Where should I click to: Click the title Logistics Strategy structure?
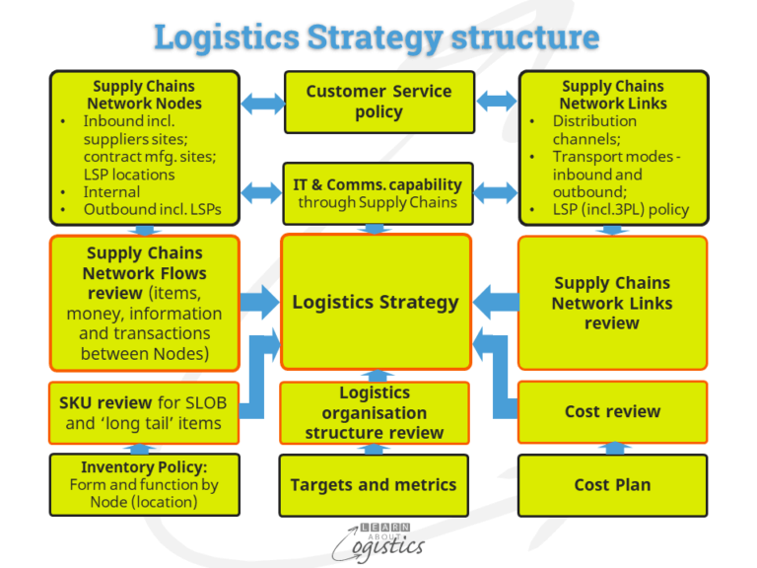tap(377, 37)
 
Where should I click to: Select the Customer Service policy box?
tap(378, 102)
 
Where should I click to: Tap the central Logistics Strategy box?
tap(376, 302)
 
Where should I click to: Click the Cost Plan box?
tap(612, 484)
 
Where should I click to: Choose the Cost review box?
tap(612, 411)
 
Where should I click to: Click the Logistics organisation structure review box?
tap(374, 412)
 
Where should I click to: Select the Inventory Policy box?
tap(144, 484)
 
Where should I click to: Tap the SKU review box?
tap(144, 412)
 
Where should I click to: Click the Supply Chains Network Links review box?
tap(612, 303)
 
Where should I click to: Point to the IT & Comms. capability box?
tap(377, 192)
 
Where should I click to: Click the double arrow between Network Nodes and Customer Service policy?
tap(261, 101)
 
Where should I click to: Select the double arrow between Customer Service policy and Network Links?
tap(496, 101)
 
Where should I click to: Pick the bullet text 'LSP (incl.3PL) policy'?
tap(620, 209)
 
